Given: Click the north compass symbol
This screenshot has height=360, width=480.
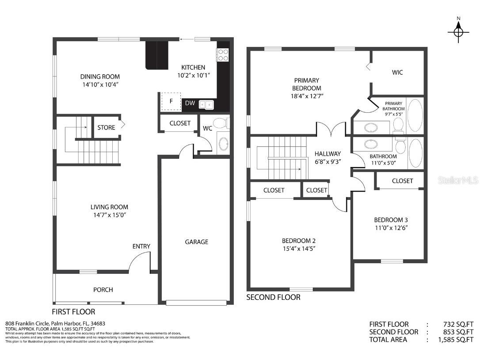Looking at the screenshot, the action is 458,30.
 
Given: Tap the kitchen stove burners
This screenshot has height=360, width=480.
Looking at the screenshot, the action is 223,55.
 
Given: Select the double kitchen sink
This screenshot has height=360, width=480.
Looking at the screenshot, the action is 206,104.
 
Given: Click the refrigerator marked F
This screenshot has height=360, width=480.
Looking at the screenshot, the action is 171,101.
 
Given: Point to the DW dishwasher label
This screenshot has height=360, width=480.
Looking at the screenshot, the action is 190,103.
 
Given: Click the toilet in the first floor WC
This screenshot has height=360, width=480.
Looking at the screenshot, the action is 221,123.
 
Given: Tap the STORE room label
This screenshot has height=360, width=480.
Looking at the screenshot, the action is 106,127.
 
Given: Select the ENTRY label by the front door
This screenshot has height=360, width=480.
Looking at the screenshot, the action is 141,246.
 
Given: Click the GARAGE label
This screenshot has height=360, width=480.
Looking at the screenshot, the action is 197,242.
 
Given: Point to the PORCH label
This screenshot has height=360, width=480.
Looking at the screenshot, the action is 103,290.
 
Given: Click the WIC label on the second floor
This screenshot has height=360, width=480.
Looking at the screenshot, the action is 397,73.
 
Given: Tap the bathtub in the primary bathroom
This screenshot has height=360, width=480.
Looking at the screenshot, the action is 415,115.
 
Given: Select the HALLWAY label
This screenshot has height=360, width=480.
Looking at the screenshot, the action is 328,154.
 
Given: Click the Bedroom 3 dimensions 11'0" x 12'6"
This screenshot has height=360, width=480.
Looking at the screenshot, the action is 391,228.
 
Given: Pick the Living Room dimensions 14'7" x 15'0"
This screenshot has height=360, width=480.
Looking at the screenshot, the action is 110,215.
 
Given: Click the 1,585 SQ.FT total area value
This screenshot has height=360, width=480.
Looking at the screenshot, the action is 456,340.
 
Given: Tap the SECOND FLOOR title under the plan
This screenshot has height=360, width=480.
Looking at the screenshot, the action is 273,297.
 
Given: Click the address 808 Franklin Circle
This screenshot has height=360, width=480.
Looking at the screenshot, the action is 27,324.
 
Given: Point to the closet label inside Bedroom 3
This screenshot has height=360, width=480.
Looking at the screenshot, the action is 402,181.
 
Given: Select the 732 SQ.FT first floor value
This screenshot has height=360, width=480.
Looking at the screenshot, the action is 458,325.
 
